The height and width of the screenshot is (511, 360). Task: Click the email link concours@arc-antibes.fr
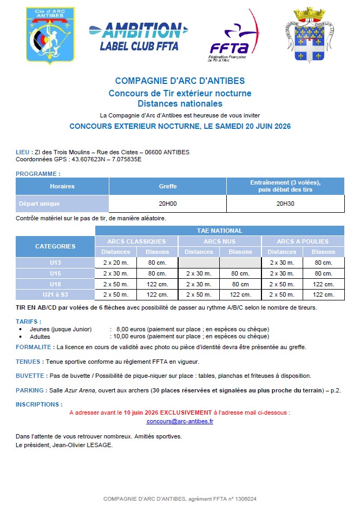point(180,421)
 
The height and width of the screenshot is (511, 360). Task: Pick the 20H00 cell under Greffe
point(168,204)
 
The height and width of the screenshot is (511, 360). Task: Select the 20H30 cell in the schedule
point(285,204)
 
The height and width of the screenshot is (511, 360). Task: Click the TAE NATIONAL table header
point(219,231)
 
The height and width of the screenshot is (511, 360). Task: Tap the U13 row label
point(55,263)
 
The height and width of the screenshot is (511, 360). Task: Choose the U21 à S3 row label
point(55,294)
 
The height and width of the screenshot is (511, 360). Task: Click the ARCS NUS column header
point(219,241)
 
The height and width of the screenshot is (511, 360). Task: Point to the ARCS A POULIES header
point(303,241)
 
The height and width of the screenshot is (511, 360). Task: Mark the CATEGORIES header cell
point(55,246)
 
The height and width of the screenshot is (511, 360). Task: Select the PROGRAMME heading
point(38,174)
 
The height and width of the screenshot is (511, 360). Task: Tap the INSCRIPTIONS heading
point(39,404)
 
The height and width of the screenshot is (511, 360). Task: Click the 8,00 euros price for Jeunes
point(129,329)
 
